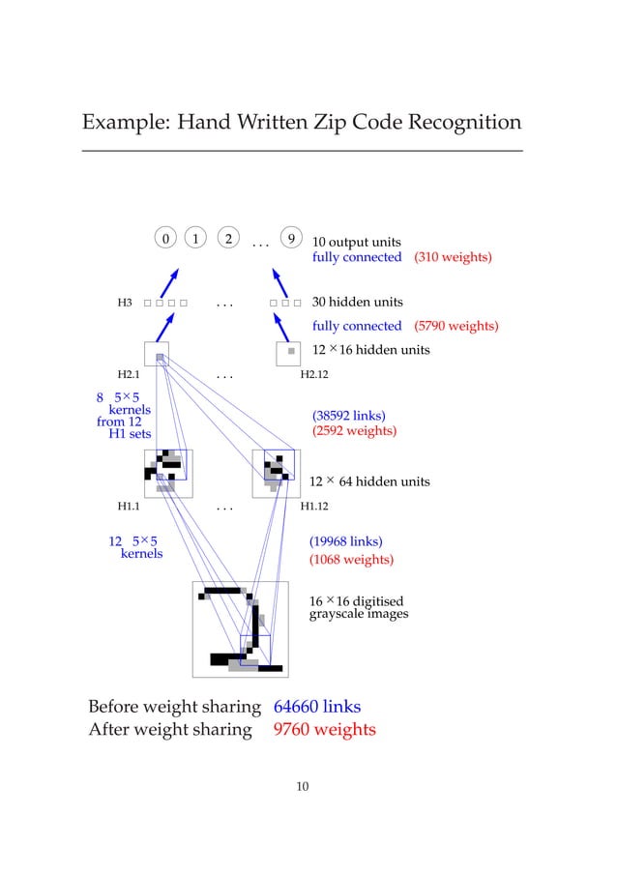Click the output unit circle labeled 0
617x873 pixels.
(x=165, y=238)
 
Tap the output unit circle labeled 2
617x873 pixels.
(x=228, y=238)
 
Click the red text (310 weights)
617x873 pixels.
(x=453, y=257)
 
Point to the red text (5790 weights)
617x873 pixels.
(x=456, y=326)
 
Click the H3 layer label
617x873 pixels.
(x=125, y=304)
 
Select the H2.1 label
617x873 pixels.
(x=129, y=373)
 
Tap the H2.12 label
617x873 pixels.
(x=316, y=373)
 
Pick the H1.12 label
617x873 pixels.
(x=316, y=505)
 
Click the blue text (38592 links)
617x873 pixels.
(x=348, y=416)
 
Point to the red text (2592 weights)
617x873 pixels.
(x=354, y=431)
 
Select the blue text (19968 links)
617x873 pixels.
(x=345, y=541)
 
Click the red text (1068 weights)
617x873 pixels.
(x=351, y=560)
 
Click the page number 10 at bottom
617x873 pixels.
(x=302, y=786)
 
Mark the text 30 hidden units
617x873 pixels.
(x=357, y=303)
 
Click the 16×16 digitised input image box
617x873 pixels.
(x=240, y=629)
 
